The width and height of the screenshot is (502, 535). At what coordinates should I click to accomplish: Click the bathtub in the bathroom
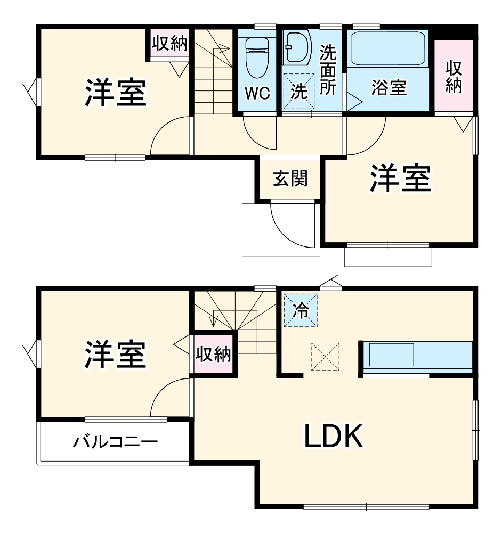387,48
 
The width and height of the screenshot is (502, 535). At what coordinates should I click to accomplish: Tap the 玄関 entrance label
290,179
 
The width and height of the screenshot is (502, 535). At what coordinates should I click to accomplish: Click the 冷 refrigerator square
301,310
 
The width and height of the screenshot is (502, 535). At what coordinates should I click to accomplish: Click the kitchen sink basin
392,355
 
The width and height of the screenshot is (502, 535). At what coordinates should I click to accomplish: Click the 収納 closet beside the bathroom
454,77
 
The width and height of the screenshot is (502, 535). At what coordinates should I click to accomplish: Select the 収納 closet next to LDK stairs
213,355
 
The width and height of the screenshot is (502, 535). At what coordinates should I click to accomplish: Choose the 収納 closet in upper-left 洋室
170,44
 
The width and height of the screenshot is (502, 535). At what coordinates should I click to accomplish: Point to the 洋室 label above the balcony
115,355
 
